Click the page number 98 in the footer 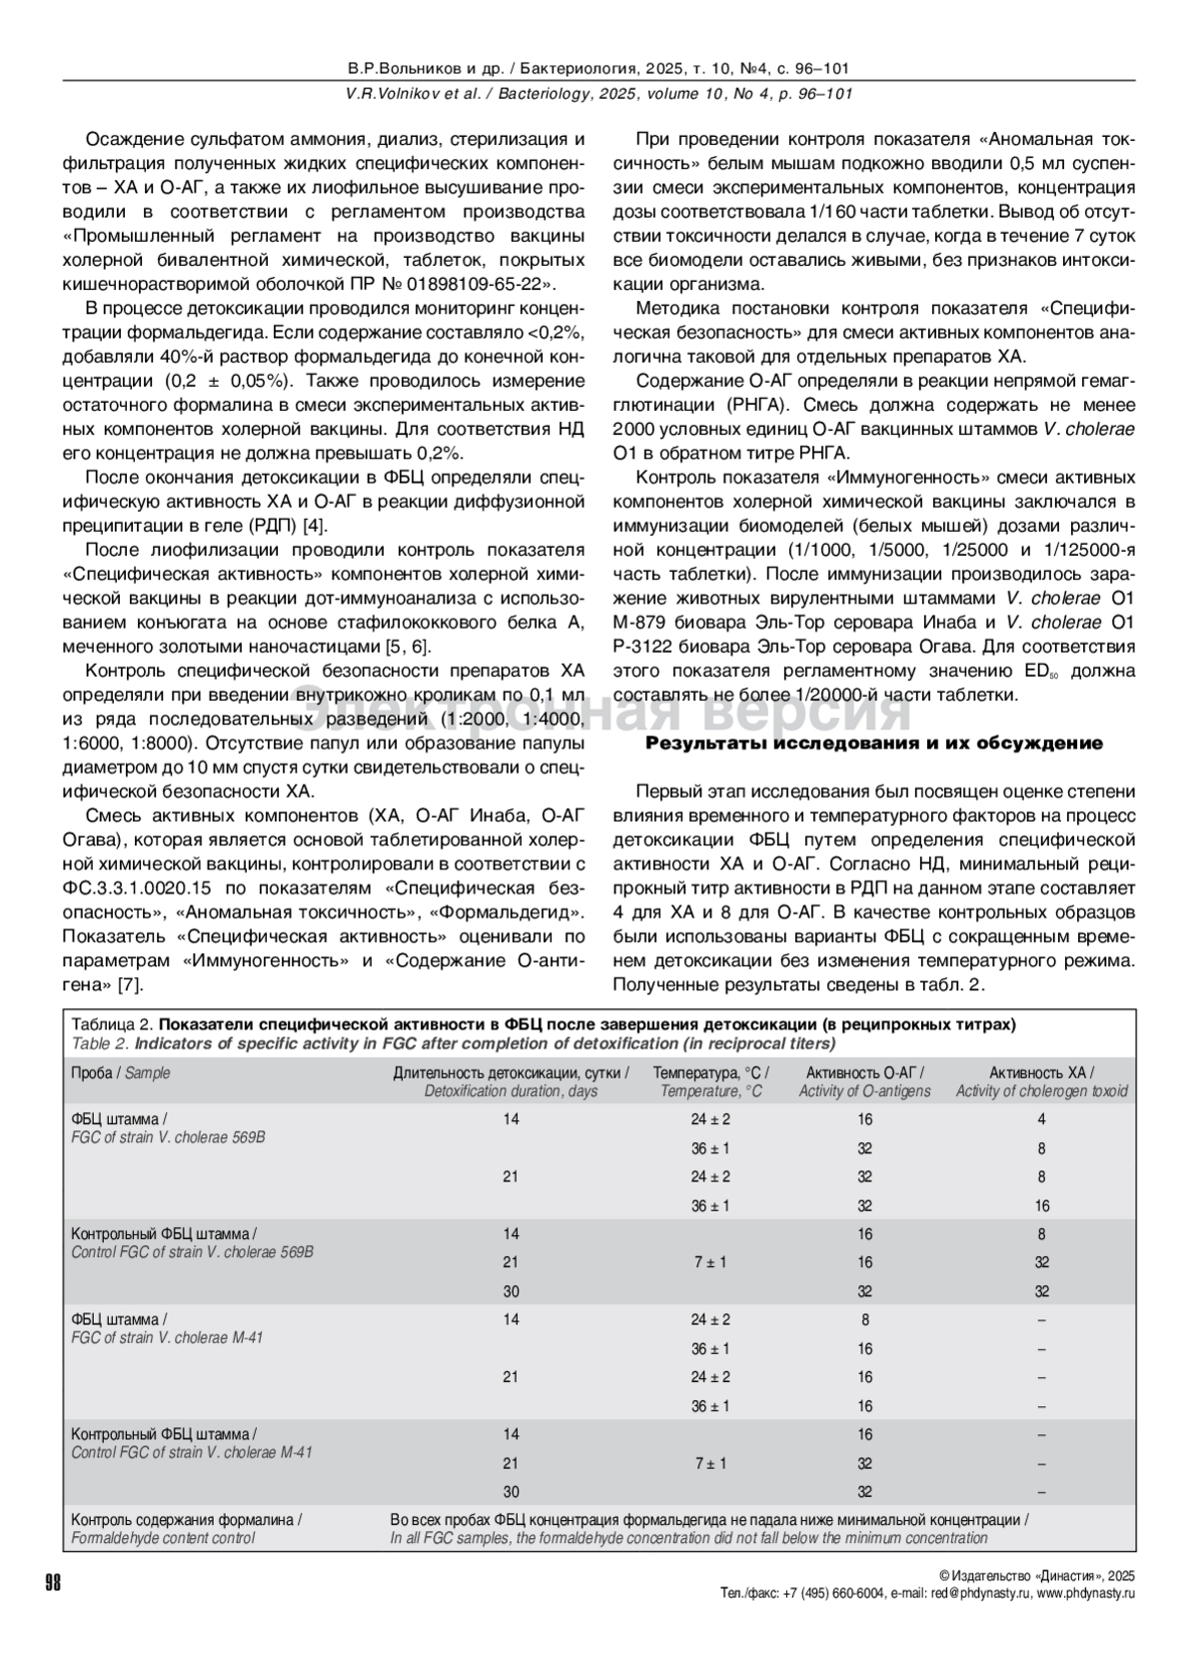pos(53,1582)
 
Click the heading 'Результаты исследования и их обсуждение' pos(873,744)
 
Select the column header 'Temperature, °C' pos(710,1081)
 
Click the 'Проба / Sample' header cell pos(120,1072)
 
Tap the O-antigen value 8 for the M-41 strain pos(864,1319)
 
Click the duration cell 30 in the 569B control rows pos(511,1291)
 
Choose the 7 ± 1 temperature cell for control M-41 pos(710,1463)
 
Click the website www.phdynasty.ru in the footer pos(1085,1593)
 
